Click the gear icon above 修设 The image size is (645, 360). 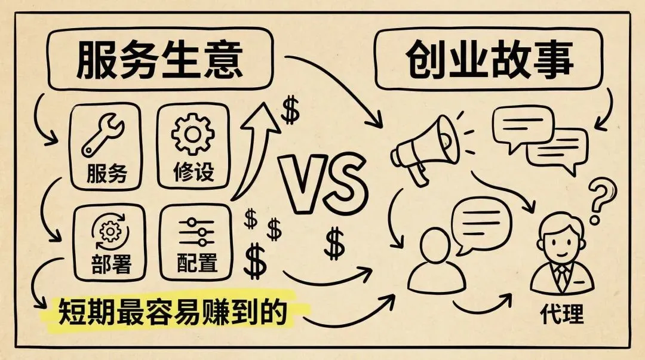tap(193, 134)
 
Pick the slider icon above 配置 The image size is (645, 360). tap(196, 232)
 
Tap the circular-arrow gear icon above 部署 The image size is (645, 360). tap(108, 233)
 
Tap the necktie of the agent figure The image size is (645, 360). tap(561, 275)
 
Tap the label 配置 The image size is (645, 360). tap(196, 263)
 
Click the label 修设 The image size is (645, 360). tap(193, 173)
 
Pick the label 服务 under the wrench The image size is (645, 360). tap(107, 174)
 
